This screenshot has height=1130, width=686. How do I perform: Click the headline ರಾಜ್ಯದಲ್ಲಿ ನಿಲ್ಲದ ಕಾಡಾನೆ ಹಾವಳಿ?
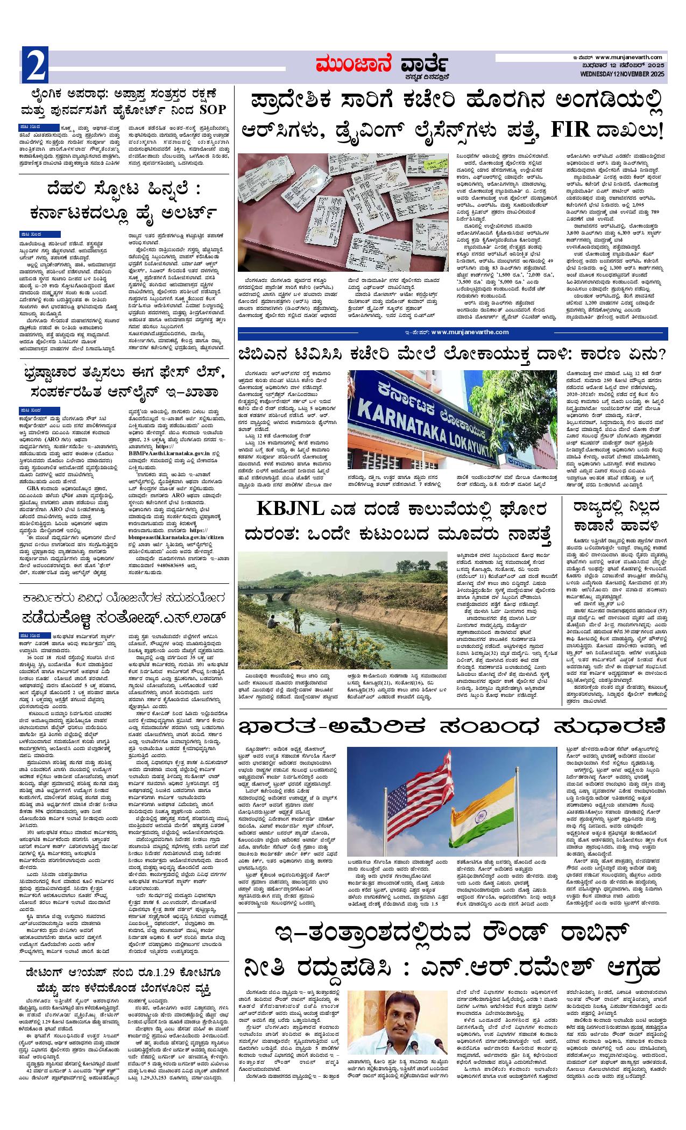coord(613,517)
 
